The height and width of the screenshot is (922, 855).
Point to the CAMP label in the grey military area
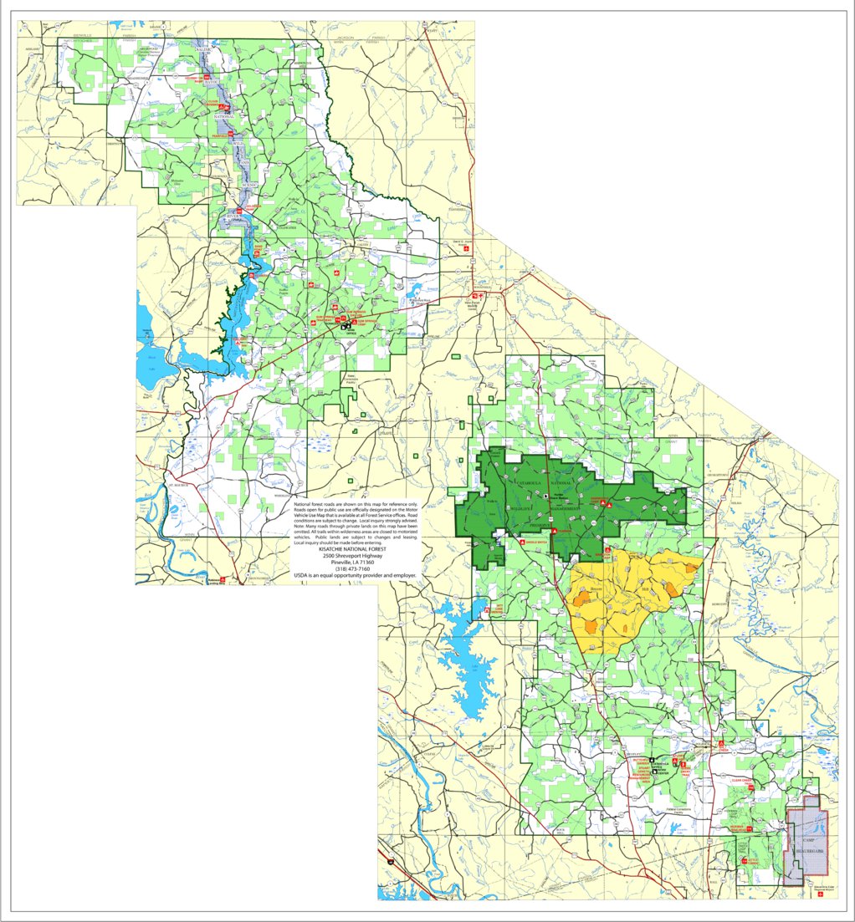[807, 838]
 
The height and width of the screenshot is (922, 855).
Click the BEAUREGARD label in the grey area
[808, 850]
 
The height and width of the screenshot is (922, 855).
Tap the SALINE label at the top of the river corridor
[204, 51]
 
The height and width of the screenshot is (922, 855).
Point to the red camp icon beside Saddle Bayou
[523, 543]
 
